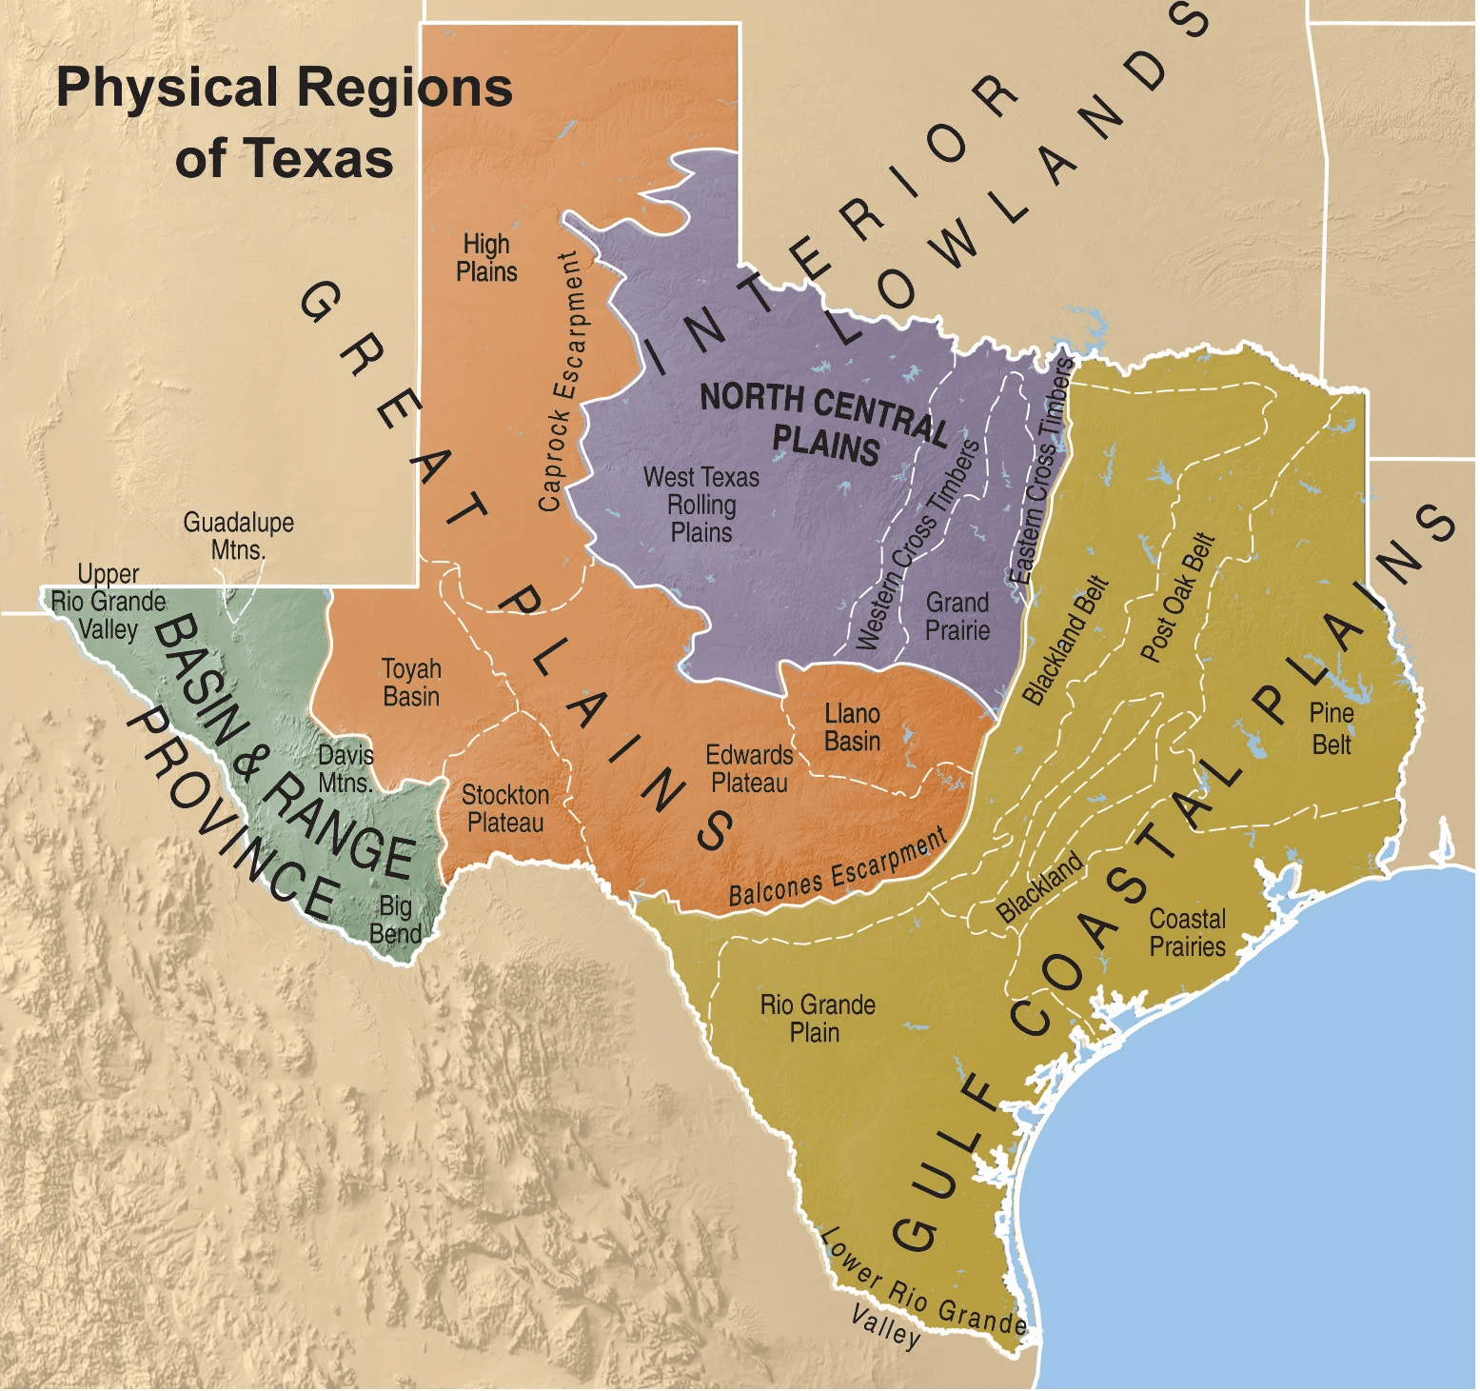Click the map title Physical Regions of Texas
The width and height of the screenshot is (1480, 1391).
coord(284,122)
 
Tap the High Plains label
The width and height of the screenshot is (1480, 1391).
coord(486,258)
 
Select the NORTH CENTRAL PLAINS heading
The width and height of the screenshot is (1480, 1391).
coord(824,423)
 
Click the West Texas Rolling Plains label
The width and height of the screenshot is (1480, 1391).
coord(701,505)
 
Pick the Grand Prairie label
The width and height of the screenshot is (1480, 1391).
coord(957,616)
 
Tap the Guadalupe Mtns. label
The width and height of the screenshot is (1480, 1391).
coord(238,536)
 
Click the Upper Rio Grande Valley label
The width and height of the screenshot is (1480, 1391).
coord(108,602)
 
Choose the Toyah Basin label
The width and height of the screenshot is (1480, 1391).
coord(411,683)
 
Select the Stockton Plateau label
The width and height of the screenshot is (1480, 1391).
coord(505,808)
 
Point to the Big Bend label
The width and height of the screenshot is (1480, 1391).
coord(395,919)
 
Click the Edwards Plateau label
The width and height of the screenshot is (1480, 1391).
coord(749,769)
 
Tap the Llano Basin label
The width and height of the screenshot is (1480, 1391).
coord(852,727)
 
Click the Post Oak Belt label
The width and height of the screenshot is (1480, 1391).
coord(1178,598)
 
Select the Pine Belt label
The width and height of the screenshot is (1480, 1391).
coord(1332,728)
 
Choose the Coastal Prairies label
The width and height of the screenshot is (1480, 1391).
coord(1187,933)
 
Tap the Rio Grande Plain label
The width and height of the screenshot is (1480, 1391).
coord(817,1019)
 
